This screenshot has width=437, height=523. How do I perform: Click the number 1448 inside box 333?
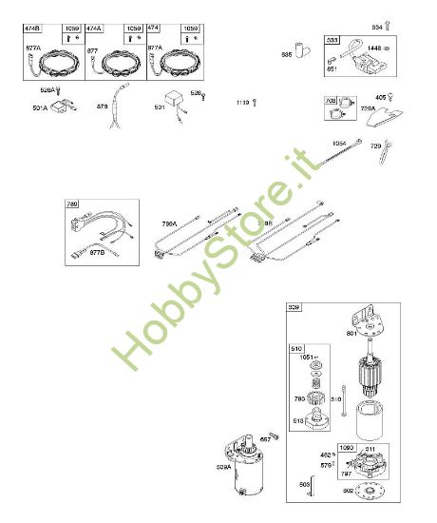point(373,48)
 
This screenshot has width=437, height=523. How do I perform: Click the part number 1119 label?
point(243,101)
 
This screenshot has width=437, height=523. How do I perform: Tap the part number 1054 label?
point(339,143)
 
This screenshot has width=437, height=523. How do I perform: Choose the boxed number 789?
point(72,204)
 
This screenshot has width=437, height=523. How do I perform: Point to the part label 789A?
point(169,224)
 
